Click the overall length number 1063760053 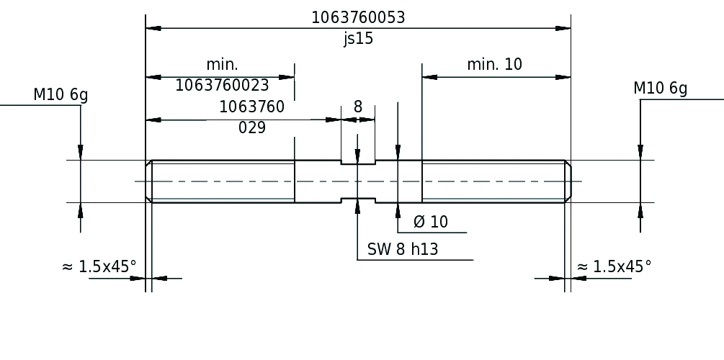(358, 17)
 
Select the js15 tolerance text (358, 39)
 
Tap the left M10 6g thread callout (61, 95)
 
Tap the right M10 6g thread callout (660, 89)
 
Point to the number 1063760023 (223, 86)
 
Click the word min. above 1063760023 (222, 64)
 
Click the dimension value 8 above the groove (358, 107)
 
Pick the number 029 (252, 128)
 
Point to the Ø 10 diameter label (431, 222)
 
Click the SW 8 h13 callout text (403, 250)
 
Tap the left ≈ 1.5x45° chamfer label (99, 266)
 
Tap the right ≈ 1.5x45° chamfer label (614, 266)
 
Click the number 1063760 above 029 (252, 107)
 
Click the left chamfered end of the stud (149, 181)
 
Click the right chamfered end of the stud (568, 181)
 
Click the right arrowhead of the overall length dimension (563, 29)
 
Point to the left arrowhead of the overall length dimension (153, 29)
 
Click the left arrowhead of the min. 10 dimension (429, 77)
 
